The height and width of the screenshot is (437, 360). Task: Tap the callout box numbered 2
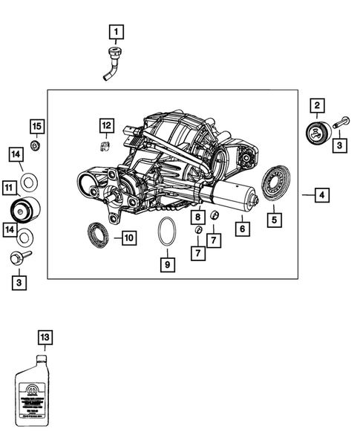click(x=317, y=107)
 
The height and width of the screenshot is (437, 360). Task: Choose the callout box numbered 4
click(x=321, y=196)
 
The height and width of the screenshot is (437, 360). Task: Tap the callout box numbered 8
click(x=197, y=217)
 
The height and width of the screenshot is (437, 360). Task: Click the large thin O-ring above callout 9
click(x=167, y=233)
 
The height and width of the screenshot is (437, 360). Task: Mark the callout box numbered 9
click(x=167, y=263)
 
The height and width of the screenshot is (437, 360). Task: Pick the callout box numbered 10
click(x=128, y=238)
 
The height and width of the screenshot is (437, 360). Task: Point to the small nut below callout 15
click(x=35, y=142)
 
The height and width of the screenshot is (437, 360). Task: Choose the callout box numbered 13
click(x=45, y=338)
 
